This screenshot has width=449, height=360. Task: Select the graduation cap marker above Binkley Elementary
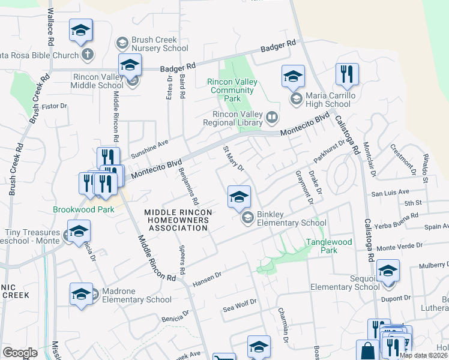pos(239,196)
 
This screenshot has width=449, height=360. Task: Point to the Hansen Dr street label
pos(207,278)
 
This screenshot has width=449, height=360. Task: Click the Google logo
pos(20,353)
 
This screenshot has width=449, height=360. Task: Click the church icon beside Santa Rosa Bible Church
pos(88,55)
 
